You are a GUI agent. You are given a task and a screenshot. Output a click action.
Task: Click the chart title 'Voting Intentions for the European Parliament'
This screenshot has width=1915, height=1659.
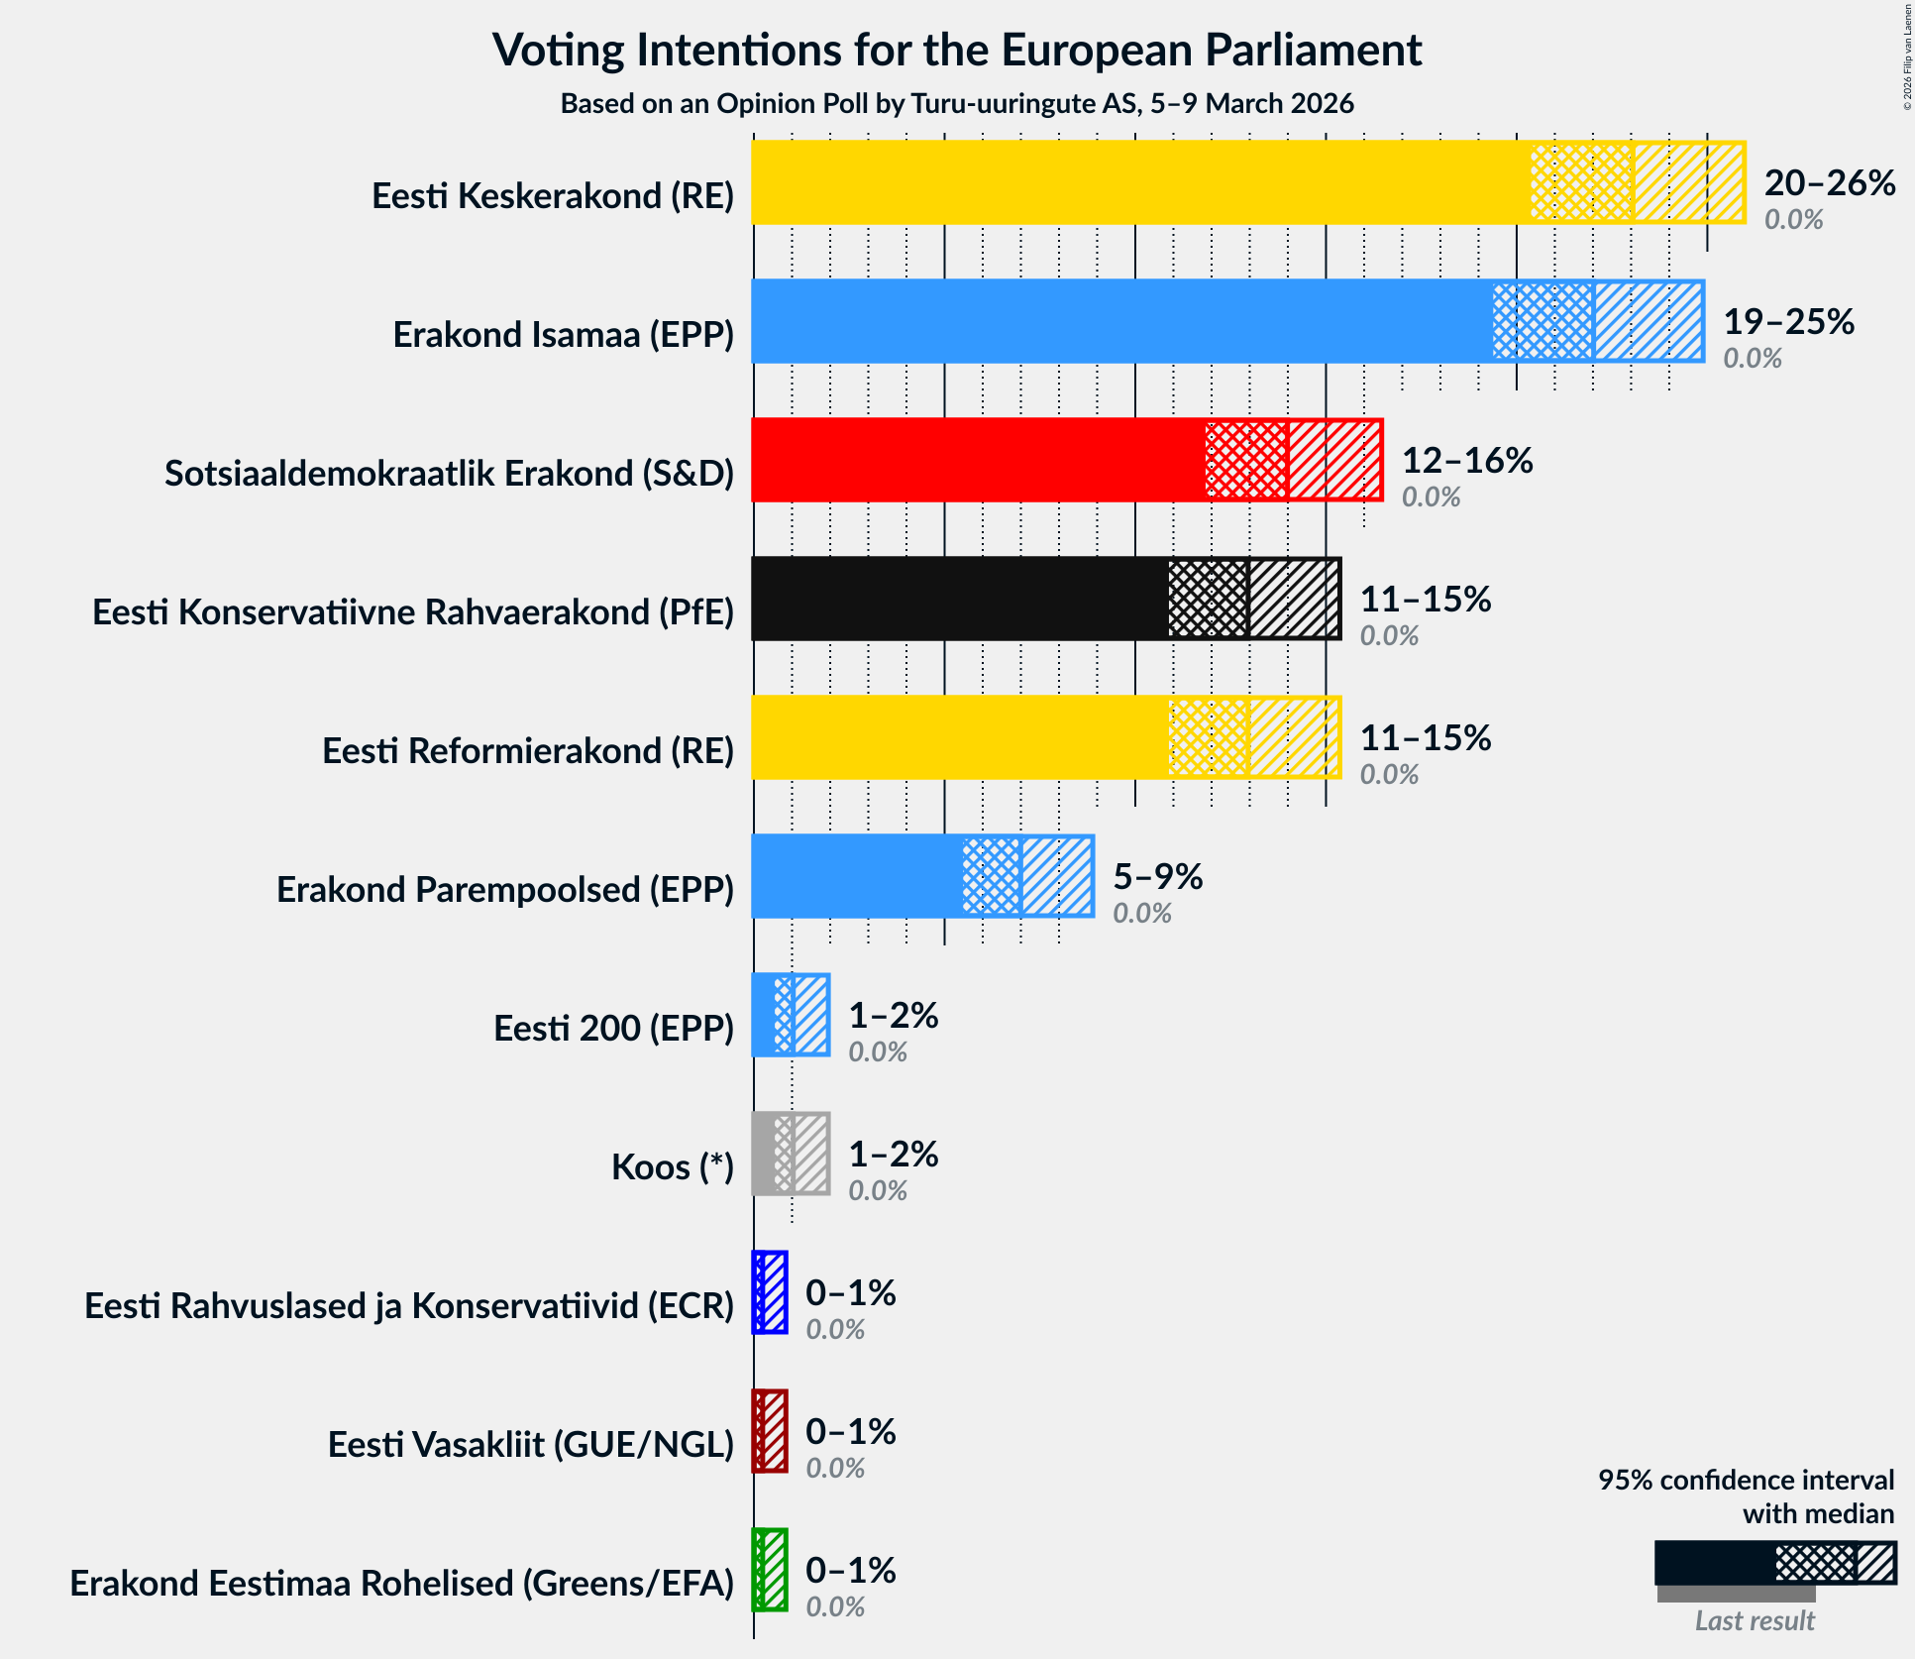[957, 50]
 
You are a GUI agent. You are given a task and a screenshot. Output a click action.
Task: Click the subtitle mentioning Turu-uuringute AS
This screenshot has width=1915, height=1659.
[957, 104]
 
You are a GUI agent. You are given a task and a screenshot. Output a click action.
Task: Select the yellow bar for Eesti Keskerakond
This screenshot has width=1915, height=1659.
[1139, 182]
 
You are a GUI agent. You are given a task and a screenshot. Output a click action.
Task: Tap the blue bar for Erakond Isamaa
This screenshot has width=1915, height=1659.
[1119, 321]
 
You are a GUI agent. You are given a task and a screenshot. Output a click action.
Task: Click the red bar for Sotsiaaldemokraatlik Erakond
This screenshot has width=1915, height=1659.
[976, 460]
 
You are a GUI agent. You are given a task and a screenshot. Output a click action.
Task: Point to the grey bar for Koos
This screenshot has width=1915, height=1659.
[790, 1154]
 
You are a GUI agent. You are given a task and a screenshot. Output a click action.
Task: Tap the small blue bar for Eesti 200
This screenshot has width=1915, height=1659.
[790, 1015]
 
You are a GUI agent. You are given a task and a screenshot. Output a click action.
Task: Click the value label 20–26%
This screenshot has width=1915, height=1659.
[1829, 183]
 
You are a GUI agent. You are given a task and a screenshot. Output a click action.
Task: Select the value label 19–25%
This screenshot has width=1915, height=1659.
[1788, 322]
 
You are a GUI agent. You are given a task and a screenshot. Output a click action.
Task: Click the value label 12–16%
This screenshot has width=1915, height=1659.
[1466, 461]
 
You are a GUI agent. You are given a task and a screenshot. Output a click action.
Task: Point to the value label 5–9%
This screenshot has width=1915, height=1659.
[1157, 877]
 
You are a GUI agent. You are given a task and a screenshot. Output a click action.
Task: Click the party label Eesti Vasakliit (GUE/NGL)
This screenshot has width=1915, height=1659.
[530, 1445]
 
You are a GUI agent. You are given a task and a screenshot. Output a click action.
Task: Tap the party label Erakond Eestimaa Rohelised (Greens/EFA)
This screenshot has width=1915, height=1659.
[401, 1584]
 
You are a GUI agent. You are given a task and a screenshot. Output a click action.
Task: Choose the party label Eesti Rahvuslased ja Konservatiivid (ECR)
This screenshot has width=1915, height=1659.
[408, 1306]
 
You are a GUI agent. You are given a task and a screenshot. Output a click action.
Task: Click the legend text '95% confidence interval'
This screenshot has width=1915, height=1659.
[1745, 1480]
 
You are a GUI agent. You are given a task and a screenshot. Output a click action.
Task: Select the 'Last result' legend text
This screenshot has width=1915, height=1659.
[1754, 1620]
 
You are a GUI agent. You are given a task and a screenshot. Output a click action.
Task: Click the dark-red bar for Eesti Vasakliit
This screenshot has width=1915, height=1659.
[770, 1431]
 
